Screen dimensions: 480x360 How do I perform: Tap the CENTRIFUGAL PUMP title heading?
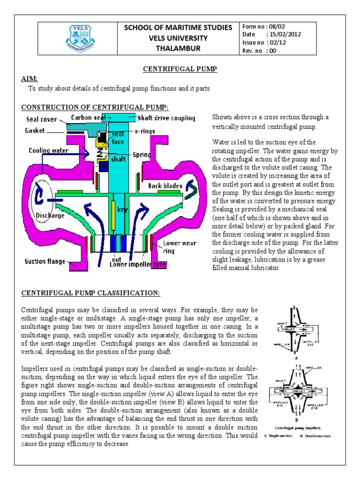tap(180, 69)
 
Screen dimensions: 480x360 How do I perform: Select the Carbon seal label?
tap(89, 117)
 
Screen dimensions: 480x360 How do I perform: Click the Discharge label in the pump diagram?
tap(50, 216)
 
